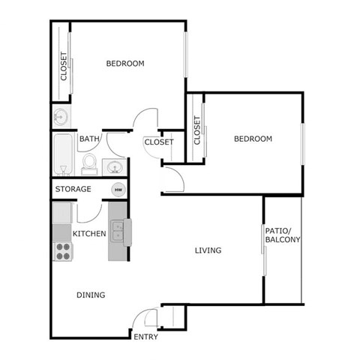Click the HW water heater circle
[x=118, y=190]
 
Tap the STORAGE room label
[x=74, y=189]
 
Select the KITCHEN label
[x=89, y=234]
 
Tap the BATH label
[x=89, y=139]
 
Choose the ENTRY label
[x=145, y=337]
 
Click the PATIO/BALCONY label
[x=282, y=235]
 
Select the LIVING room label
[x=208, y=250]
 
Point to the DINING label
[x=91, y=295]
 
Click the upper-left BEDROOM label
[x=124, y=63]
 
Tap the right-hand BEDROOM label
[x=253, y=139]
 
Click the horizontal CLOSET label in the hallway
[x=159, y=142]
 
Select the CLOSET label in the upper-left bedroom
[x=64, y=67]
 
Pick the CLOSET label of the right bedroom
[x=197, y=130]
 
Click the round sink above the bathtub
[x=60, y=117]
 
